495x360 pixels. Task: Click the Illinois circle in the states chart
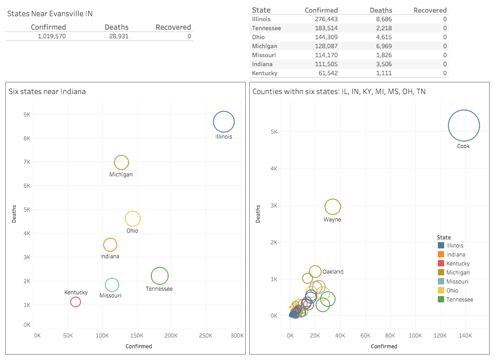(224, 121)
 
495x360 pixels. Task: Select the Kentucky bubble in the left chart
(76, 302)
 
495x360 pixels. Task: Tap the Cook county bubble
(463, 126)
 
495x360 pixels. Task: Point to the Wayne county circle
(333, 207)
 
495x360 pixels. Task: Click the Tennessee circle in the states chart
(160, 276)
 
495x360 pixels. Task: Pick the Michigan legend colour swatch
(441, 272)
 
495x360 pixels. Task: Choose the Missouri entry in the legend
(457, 281)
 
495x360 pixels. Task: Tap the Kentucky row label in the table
(265, 73)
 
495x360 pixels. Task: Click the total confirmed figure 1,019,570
(52, 36)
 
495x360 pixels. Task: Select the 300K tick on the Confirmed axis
(237, 336)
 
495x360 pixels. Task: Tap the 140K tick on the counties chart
(465, 336)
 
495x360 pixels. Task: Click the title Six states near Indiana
(47, 91)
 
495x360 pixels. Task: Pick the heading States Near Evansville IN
(50, 13)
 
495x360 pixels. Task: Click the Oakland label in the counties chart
(333, 272)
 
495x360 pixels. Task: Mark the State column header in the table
(261, 10)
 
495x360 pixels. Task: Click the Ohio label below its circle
(132, 231)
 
